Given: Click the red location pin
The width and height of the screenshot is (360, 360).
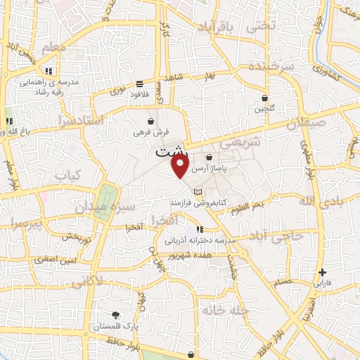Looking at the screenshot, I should pos(181,167).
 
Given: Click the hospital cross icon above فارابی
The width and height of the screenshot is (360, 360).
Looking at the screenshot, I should pos(322,272).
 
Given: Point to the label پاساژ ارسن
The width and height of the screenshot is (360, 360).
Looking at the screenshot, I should pos(210,169).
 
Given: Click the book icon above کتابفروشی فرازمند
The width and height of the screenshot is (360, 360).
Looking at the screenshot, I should pos(198,192).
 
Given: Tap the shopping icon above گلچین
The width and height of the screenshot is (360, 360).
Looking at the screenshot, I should pos(264,98).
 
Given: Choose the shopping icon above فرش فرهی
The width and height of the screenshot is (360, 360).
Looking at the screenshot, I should pos(151,121).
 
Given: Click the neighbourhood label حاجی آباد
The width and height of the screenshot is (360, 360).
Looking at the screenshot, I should pos(281,237).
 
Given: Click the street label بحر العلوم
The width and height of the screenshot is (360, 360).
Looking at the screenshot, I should pos(259,205).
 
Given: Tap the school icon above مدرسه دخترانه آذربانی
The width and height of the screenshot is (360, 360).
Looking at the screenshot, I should pos(200,229).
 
